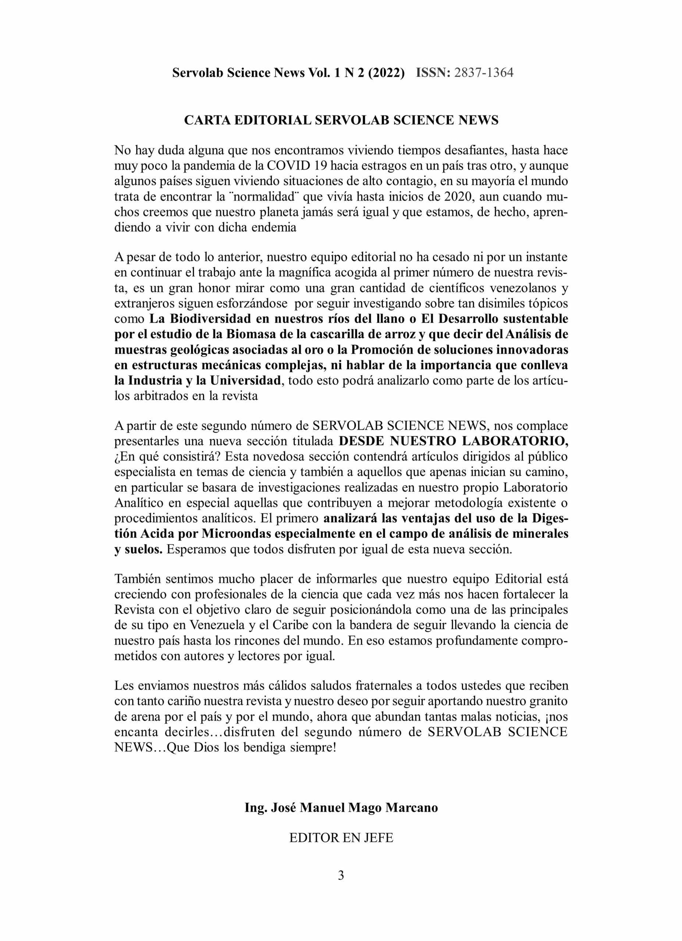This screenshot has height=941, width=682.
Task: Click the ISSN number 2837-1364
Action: click(x=484, y=73)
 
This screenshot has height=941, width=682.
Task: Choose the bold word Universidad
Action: click(x=245, y=380)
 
